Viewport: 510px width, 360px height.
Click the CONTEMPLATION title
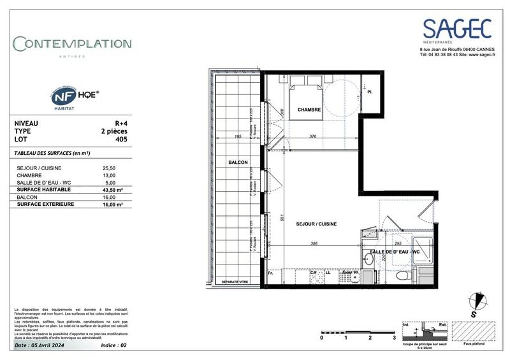pos(73,44)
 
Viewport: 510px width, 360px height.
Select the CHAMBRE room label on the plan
pos(309,110)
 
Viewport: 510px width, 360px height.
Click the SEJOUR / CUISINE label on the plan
pos(316,224)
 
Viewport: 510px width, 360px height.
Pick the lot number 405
pos(120,138)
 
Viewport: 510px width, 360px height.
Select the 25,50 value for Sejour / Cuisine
pos(109,168)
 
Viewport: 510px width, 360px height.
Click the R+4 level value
pos(119,123)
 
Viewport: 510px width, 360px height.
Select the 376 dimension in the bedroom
pos(312,136)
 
